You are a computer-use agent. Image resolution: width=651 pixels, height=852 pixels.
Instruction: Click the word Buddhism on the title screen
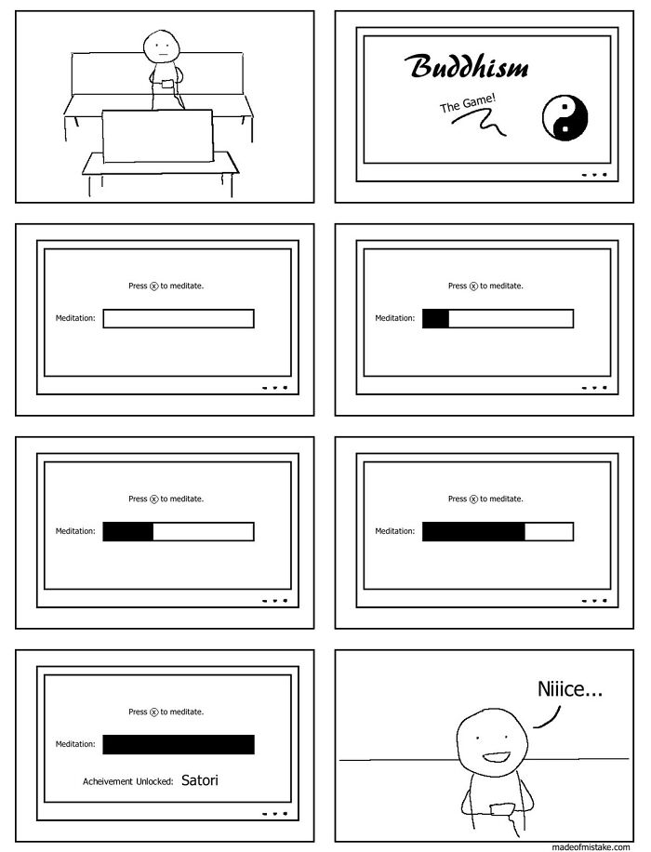(467, 66)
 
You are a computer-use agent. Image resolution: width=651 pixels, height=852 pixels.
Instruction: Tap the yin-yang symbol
(565, 118)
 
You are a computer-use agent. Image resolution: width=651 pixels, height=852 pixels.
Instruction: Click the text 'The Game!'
(468, 103)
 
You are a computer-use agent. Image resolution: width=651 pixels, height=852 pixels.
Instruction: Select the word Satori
(199, 780)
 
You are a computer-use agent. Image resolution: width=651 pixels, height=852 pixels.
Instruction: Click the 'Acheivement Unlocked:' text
(127, 781)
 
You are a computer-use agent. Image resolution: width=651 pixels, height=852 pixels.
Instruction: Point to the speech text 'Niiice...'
(569, 689)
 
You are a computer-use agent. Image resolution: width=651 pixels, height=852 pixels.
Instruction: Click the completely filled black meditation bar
(179, 744)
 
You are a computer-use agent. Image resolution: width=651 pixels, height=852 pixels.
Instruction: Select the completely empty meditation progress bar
(179, 318)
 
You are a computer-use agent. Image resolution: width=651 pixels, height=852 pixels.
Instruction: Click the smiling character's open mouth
(495, 757)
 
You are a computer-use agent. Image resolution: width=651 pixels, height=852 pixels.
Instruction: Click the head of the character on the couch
(162, 47)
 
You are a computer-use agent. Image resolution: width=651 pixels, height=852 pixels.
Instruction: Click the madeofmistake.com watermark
(591, 846)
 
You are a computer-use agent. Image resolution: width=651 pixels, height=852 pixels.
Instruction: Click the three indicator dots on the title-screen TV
(593, 175)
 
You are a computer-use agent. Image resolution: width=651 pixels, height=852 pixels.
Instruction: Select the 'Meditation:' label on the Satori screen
(75, 744)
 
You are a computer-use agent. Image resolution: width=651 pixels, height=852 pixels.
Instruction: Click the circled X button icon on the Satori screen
(153, 712)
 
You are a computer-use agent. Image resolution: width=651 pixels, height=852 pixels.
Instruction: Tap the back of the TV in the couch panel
(157, 136)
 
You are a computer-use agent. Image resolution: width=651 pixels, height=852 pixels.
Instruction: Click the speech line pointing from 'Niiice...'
(548, 717)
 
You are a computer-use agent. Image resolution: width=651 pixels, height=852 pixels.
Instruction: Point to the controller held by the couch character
(167, 84)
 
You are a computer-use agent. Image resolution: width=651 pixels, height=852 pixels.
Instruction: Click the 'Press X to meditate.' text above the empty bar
(166, 286)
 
